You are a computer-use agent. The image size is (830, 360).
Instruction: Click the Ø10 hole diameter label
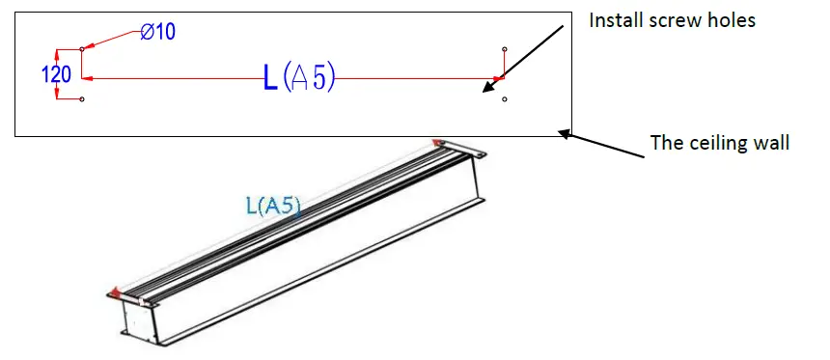157,32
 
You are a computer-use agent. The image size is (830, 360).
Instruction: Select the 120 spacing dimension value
56,74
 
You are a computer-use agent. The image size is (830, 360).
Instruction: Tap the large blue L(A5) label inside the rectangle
299,77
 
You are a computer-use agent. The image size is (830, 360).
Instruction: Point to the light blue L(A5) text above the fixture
273,206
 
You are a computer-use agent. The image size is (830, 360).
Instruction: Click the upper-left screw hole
81,49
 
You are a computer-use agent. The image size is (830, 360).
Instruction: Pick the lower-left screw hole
81,98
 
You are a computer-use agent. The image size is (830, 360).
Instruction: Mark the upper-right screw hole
505,49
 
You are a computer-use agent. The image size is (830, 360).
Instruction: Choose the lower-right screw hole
505,98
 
